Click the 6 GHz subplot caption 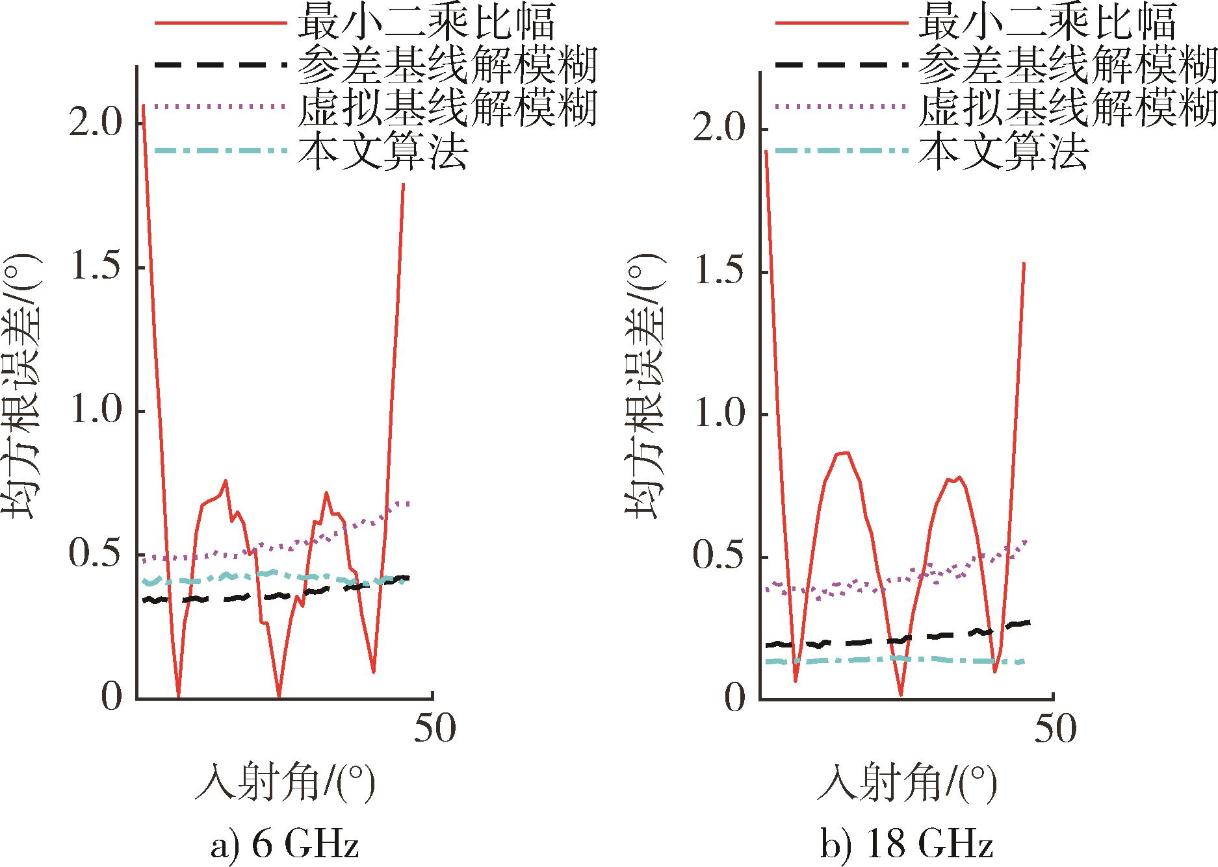click(285, 846)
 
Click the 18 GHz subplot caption click(906, 846)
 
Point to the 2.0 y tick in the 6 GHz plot click(96, 124)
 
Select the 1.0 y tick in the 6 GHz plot click(96, 412)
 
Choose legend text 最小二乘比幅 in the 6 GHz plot click(425, 22)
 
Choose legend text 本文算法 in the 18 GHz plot click(1004, 151)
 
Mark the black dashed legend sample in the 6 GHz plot click(220, 64)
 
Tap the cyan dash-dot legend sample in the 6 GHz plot click(220, 151)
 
